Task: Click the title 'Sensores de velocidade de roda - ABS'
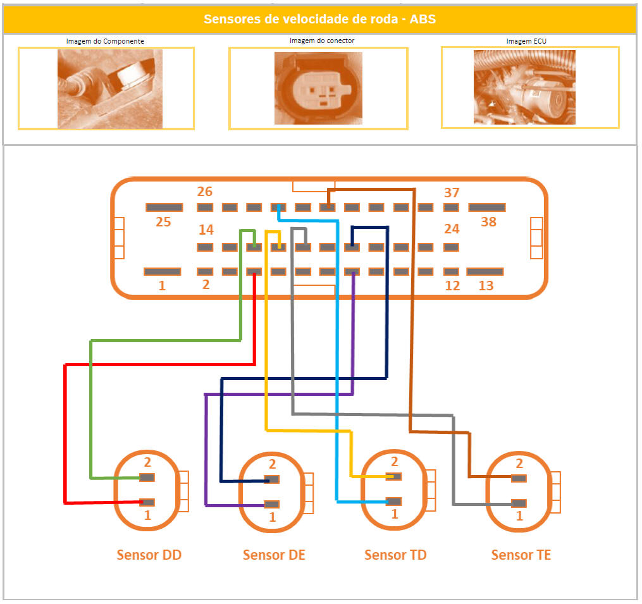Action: click(x=319, y=20)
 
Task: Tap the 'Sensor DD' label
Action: click(x=149, y=555)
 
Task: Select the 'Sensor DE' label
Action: click(x=274, y=555)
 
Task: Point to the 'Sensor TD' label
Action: click(x=395, y=555)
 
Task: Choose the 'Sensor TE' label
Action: click(x=521, y=555)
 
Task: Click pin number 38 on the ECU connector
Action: click(x=486, y=207)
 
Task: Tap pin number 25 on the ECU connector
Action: click(x=164, y=207)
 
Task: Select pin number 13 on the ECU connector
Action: click(x=485, y=272)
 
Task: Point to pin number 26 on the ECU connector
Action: click(x=205, y=207)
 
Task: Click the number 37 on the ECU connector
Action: click(x=452, y=193)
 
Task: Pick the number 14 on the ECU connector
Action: click(x=206, y=230)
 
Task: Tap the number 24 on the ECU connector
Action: click(x=452, y=229)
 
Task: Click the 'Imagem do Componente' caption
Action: click(x=105, y=41)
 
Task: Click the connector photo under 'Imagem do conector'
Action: click(x=318, y=87)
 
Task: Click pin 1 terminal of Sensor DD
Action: click(x=147, y=502)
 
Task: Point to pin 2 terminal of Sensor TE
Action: click(x=519, y=478)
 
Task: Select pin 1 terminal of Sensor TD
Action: click(x=394, y=502)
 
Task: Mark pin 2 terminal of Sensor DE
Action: click(x=272, y=480)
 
